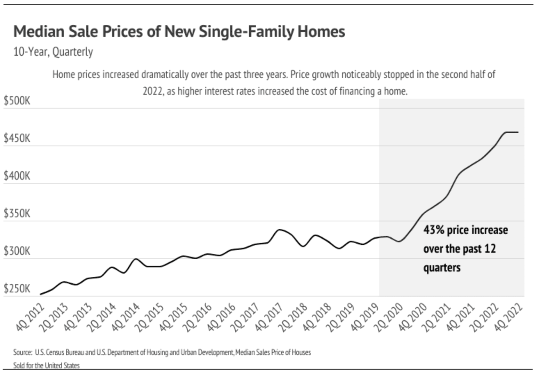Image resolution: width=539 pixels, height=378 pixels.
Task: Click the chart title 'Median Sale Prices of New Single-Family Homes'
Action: (x=179, y=31)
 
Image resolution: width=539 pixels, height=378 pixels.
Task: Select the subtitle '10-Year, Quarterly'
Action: (x=53, y=52)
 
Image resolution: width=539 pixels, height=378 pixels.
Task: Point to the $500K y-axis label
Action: (x=17, y=101)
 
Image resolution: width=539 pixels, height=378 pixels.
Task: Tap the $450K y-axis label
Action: (x=17, y=139)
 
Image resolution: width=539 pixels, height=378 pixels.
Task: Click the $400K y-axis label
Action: (x=17, y=176)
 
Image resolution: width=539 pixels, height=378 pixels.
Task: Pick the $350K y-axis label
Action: (x=17, y=214)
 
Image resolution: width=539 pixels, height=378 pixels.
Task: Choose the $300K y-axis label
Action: (x=17, y=251)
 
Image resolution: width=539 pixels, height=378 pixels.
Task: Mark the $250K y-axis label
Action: (x=17, y=289)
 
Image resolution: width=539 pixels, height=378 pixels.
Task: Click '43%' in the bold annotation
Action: (x=433, y=230)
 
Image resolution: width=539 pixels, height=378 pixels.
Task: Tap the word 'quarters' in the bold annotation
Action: (x=442, y=268)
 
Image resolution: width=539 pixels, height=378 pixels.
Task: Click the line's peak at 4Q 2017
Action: (x=280, y=230)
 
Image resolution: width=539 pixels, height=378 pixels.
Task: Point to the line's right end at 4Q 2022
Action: (x=518, y=132)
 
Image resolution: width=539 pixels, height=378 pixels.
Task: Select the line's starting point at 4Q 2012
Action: (x=41, y=294)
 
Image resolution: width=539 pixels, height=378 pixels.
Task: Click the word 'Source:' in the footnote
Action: (x=22, y=352)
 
